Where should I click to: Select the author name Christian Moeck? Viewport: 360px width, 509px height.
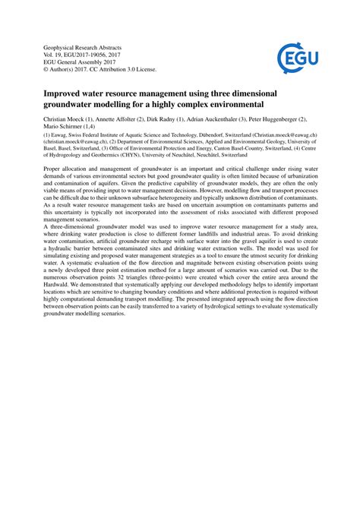coord(54,120)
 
